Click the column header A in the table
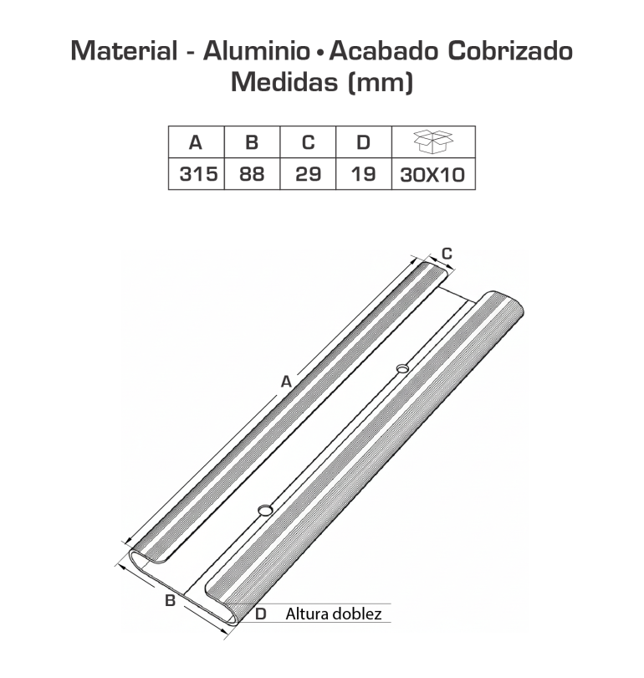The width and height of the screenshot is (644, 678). tap(196, 142)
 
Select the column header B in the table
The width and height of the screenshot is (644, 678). tap(252, 142)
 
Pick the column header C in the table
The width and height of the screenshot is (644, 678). tap(307, 142)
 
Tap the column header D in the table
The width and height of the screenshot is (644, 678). tap(363, 142)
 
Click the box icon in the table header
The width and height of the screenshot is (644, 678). tap(433, 141)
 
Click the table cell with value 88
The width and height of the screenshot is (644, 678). tap(252, 175)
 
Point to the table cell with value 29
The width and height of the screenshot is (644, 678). tap(307, 175)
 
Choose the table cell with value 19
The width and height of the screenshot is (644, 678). tap(363, 175)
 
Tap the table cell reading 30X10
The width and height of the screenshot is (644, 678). tap(433, 175)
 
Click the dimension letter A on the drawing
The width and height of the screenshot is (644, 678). tap(286, 382)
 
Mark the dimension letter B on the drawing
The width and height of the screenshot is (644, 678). tap(169, 600)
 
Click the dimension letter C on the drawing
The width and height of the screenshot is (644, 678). tap(447, 253)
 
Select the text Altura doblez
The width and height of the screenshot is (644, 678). tap(333, 614)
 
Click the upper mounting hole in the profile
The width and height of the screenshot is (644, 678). tap(402, 367)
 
